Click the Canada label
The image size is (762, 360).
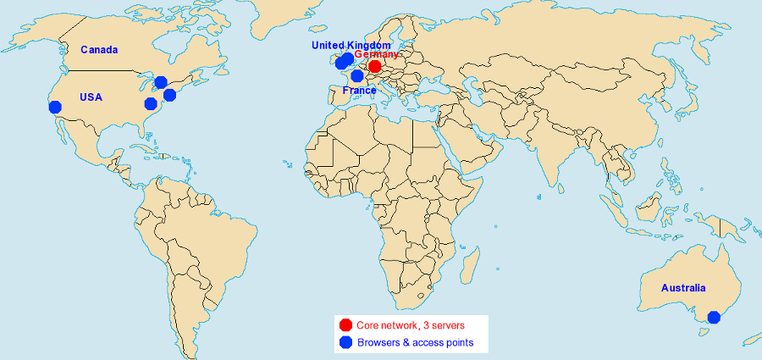(x=99, y=50)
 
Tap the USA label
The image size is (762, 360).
(x=91, y=97)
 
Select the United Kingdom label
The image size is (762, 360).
(x=351, y=44)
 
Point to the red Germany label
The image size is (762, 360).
(x=376, y=54)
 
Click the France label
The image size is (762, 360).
(x=359, y=90)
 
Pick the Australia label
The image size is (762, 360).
(x=683, y=288)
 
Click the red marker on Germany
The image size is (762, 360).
(x=374, y=67)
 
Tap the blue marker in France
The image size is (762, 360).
(x=357, y=76)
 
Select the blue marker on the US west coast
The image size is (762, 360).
(x=55, y=107)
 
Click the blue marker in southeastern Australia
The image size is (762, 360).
(x=714, y=318)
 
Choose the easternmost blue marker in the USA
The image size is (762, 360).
(x=169, y=95)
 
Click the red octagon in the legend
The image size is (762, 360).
(x=345, y=324)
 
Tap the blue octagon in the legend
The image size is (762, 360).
(x=345, y=342)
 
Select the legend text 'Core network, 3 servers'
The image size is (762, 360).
(x=411, y=324)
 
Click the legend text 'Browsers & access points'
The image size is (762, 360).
(x=415, y=342)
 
